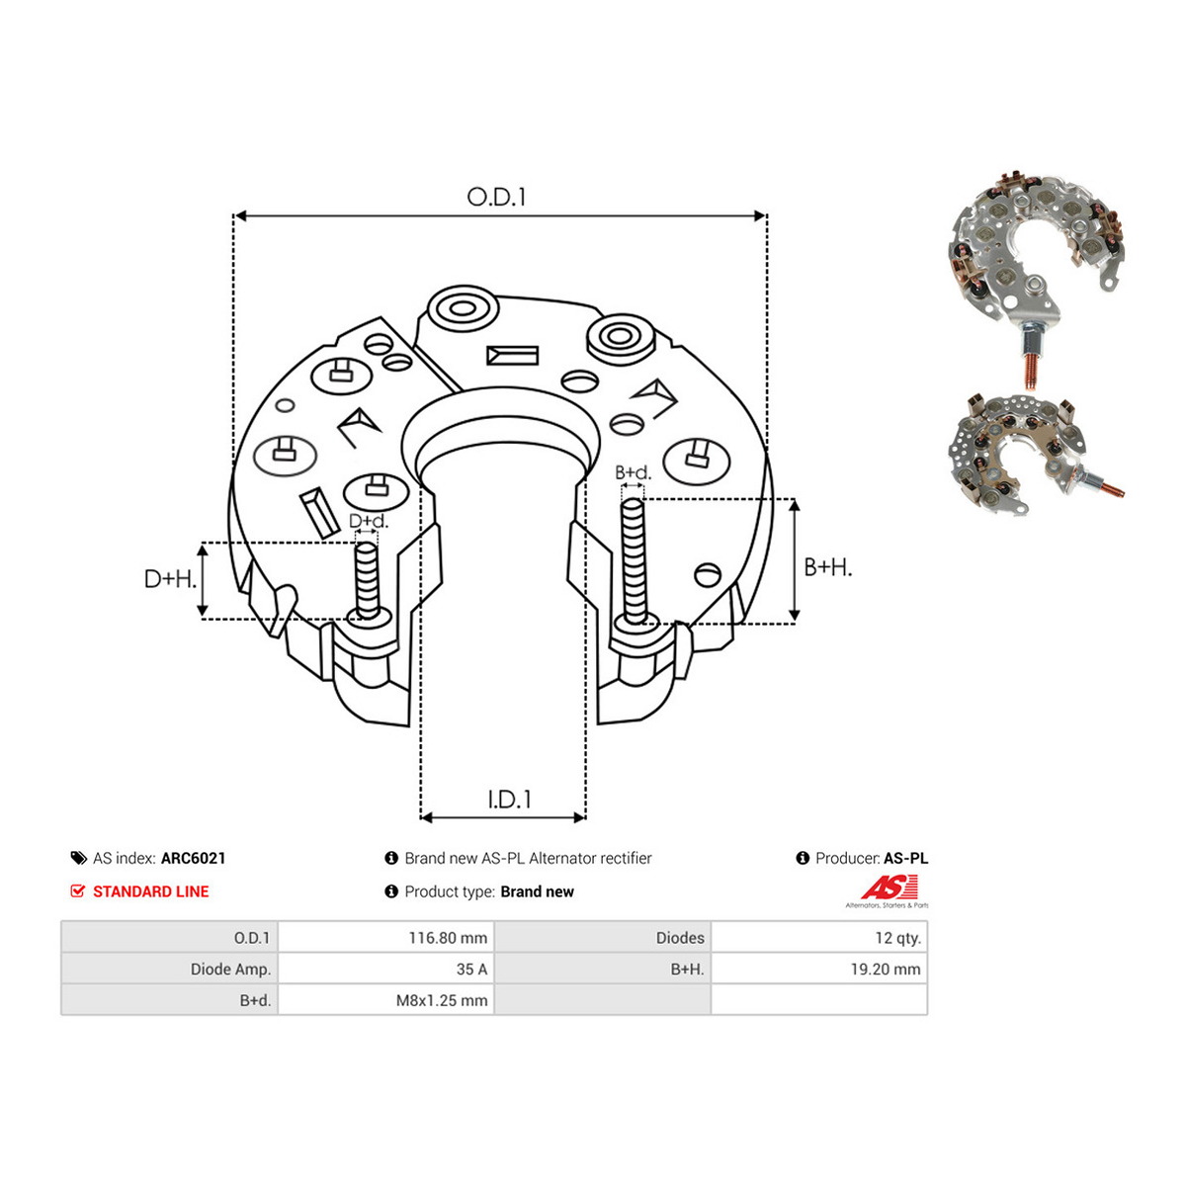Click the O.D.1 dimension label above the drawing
tap(496, 197)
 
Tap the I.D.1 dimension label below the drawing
tap(509, 800)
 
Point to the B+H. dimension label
tap(828, 567)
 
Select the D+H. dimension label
tap(170, 578)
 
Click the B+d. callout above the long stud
tap(633, 472)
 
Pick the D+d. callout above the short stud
tap(369, 521)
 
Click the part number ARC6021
tap(194, 858)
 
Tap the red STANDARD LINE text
tap(151, 891)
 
